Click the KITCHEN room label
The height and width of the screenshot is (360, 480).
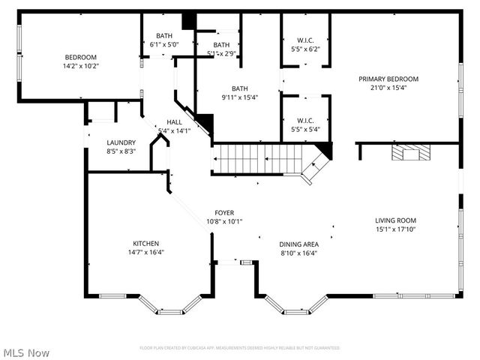(x=146, y=243)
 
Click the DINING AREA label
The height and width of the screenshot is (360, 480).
(x=299, y=244)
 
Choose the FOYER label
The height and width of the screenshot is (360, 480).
(x=224, y=212)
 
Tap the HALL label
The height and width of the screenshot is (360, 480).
(x=174, y=122)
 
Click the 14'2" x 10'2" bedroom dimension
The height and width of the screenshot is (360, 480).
(x=81, y=66)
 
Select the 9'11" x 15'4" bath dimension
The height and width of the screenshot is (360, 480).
(x=239, y=97)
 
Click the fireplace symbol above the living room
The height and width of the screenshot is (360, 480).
(x=411, y=154)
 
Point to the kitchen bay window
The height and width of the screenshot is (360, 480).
(x=171, y=305)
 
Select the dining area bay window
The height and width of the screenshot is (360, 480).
(x=296, y=305)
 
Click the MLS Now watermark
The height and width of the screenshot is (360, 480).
(x=26, y=352)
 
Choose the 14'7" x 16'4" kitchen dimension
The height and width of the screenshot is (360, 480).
(x=146, y=252)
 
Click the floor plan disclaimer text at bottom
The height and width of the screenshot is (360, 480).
(x=239, y=348)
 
